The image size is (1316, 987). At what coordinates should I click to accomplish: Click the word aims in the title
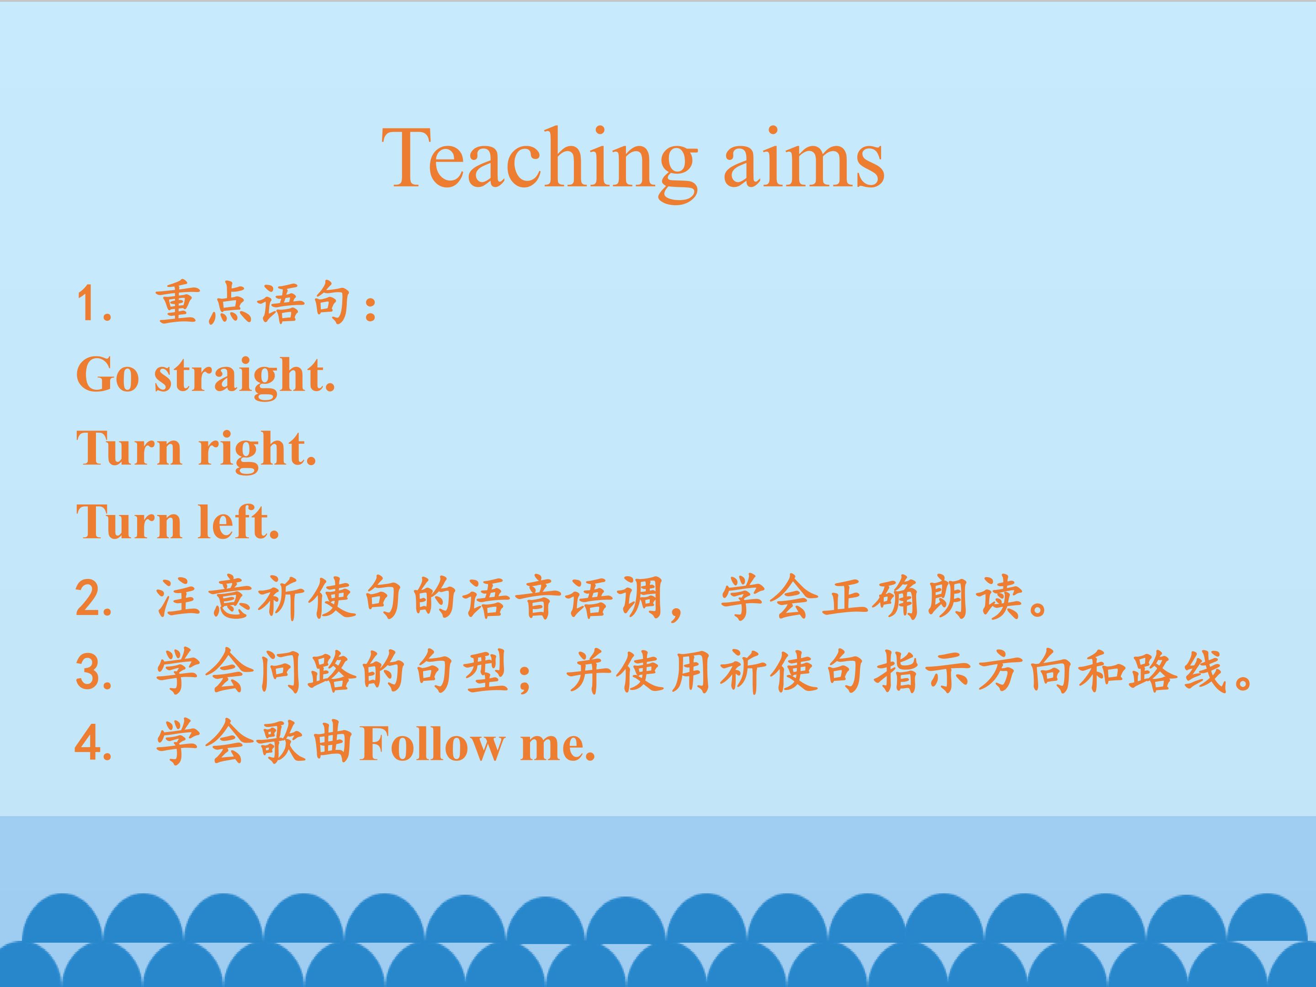pyautogui.click(x=804, y=158)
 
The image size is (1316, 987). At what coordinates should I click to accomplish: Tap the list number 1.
pyautogui.click(x=94, y=305)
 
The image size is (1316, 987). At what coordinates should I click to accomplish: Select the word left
pyautogui.click(x=238, y=522)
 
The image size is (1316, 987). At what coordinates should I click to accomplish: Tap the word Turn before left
pyautogui.click(x=129, y=522)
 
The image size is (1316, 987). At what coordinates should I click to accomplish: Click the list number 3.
pyautogui.click(x=94, y=672)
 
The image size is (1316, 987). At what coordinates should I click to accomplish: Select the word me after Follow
pyautogui.click(x=557, y=748)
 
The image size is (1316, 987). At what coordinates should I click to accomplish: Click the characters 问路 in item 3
pyautogui.click(x=308, y=672)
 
